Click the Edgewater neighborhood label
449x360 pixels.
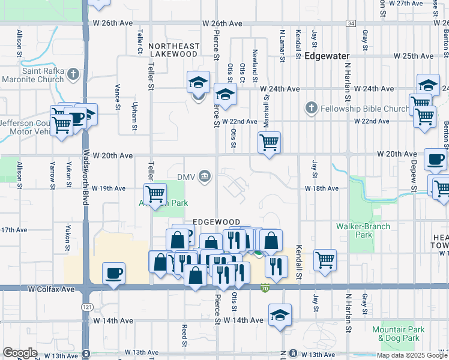pyautogui.click(x=327, y=56)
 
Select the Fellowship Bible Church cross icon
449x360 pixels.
pyautogui.click(x=311, y=109)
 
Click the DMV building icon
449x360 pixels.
pyautogui.click(x=205, y=176)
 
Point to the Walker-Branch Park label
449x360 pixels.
pyautogui.click(x=363, y=230)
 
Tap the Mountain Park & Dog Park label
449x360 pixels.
pyautogui.click(x=398, y=334)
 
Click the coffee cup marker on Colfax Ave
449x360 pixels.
pyautogui.click(x=113, y=273)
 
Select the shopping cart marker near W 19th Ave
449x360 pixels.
pyautogui.click(x=155, y=194)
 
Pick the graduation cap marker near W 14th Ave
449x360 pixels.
pyautogui.click(x=279, y=315)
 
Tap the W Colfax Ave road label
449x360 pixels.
pyautogui.click(x=51, y=289)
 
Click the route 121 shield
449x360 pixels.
pyautogui.click(x=88, y=306)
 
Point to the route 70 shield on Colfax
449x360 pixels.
pyautogui.click(x=265, y=289)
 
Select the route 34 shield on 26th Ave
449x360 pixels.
pyautogui.click(x=351, y=23)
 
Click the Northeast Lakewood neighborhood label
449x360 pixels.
pyautogui.click(x=173, y=50)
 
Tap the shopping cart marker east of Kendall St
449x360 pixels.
pyautogui.click(x=325, y=260)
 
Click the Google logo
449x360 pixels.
pyautogui.click(x=20, y=353)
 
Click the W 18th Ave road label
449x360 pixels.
pyautogui.click(x=322, y=188)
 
